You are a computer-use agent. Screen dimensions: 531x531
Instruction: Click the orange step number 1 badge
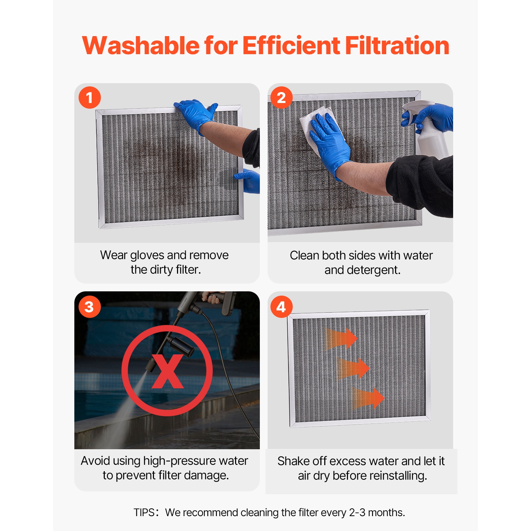coord(90,97)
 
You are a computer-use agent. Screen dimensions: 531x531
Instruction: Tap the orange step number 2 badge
coord(281,97)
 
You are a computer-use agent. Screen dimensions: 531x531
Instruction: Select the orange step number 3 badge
coord(90,307)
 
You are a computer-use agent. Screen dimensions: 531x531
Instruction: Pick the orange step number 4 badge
coord(281,307)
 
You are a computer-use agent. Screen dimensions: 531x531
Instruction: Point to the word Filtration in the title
coord(397,46)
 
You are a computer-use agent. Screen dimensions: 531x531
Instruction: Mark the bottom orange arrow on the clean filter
coord(368,398)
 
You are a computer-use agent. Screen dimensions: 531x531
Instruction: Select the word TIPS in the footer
coord(144,513)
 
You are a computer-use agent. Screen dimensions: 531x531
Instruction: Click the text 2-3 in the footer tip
coord(357,513)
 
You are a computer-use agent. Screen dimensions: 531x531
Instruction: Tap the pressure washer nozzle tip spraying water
coord(148,368)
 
